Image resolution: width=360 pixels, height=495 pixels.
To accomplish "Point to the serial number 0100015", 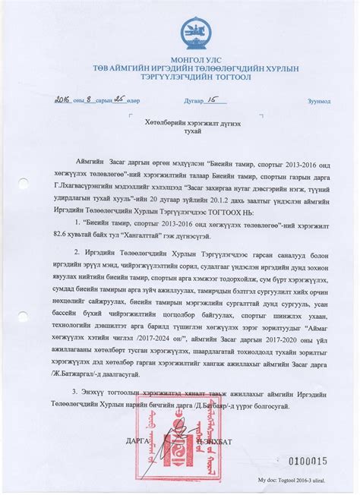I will [305, 461].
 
